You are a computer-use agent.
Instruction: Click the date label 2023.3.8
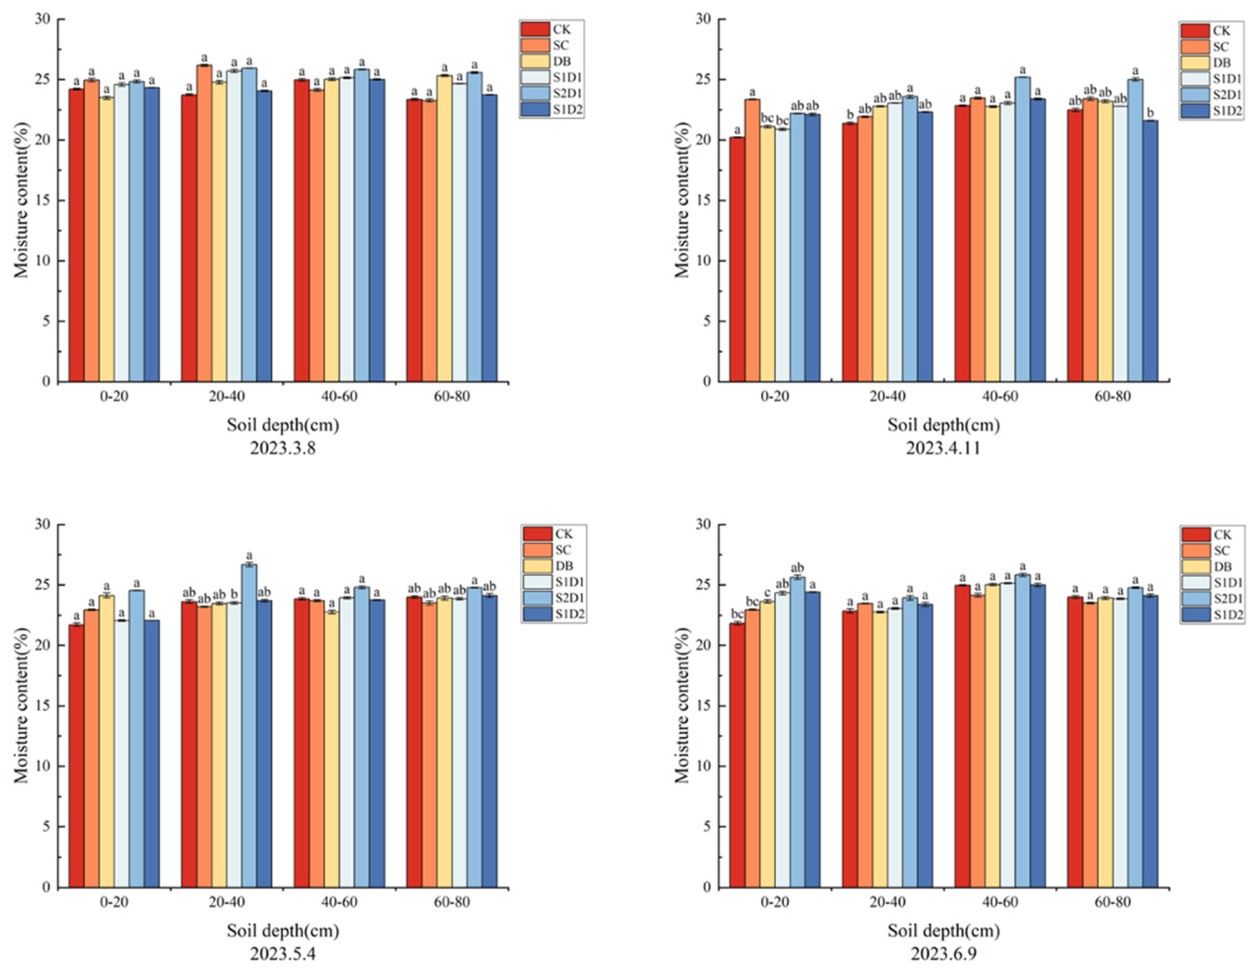(x=282, y=448)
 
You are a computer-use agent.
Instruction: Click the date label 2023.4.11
(x=943, y=448)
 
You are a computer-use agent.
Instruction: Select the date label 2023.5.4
(x=282, y=954)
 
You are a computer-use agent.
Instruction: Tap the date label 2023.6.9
(x=944, y=954)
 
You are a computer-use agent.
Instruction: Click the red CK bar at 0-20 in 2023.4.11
(x=737, y=259)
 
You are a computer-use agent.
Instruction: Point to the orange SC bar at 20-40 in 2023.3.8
(x=204, y=225)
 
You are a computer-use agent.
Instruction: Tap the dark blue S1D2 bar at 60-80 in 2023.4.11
(x=1150, y=251)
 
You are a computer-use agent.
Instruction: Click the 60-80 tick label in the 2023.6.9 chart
(x=1113, y=902)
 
